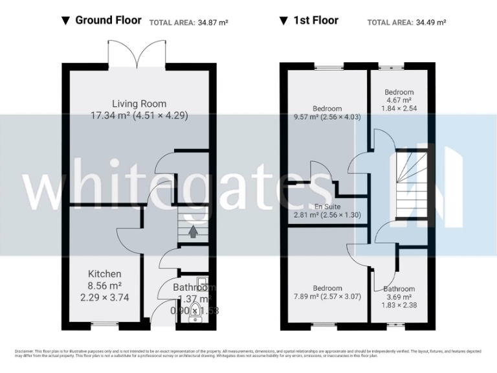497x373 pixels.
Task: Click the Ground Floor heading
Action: [x=108, y=20]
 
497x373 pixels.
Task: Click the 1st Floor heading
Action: [x=316, y=20]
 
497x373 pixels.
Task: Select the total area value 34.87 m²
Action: [x=213, y=22]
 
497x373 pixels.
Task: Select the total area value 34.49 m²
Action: [x=430, y=22]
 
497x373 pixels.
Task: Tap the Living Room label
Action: [x=139, y=104]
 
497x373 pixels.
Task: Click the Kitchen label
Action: [x=105, y=274]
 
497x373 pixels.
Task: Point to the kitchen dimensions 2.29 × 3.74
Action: [x=105, y=297]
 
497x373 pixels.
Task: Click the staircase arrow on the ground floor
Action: [x=192, y=230]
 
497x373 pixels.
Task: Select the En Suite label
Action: [x=327, y=207]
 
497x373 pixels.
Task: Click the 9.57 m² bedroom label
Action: [x=327, y=109]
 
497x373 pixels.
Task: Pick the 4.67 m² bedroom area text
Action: [x=399, y=100]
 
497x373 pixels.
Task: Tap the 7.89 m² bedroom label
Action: [x=327, y=288]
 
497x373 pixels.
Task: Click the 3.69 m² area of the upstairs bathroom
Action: [x=399, y=297]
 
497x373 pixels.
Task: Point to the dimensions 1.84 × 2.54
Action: [x=399, y=109]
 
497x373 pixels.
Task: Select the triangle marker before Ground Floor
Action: [x=65, y=21]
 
